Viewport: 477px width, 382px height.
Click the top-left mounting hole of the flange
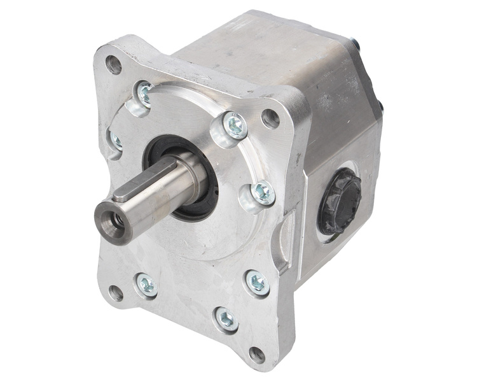pyautogui.click(x=114, y=64)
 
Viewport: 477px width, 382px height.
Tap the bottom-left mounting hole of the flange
pyautogui.click(x=116, y=293)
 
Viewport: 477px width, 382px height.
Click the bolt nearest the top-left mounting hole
pyautogui.click(x=145, y=94)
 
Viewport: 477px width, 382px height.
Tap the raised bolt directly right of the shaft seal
pyautogui.click(x=261, y=192)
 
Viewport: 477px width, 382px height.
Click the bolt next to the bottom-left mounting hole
pyautogui.click(x=146, y=285)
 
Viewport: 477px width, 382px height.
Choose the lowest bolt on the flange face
pyautogui.click(x=225, y=317)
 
